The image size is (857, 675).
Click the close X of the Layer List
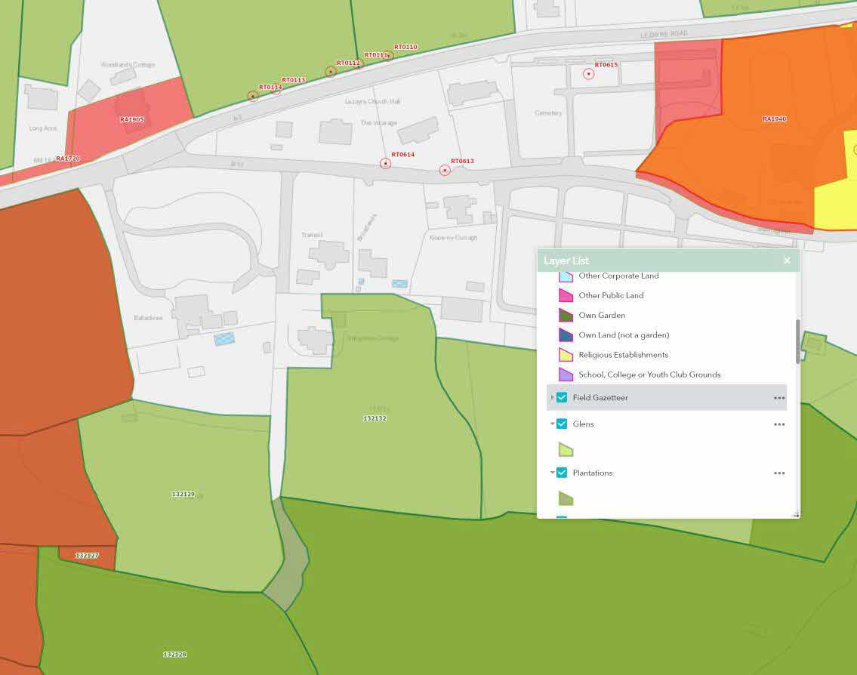(x=787, y=260)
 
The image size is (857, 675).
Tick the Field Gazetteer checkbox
(x=562, y=397)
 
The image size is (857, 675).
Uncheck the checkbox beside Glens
(x=562, y=424)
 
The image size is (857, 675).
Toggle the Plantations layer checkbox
(x=562, y=473)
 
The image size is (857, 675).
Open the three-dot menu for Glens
(x=779, y=424)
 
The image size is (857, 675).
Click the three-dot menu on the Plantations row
(x=779, y=473)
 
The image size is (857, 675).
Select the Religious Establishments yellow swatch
(x=566, y=354)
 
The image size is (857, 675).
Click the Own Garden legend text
(x=602, y=315)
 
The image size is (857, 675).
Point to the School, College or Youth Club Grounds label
(x=649, y=374)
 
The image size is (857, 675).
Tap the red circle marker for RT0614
(x=386, y=163)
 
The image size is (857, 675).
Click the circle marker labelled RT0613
(x=445, y=171)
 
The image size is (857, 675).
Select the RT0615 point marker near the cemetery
(x=588, y=73)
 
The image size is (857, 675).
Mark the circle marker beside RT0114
(x=253, y=96)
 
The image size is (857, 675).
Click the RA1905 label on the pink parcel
(x=131, y=119)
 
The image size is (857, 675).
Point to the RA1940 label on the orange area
(x=774, y=119)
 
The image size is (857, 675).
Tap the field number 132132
(x=375, y=418)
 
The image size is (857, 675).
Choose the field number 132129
(x=183, y=494)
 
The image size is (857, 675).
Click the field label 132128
(x=174, y=654)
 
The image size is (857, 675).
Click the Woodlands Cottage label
(x=128, y=65)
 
